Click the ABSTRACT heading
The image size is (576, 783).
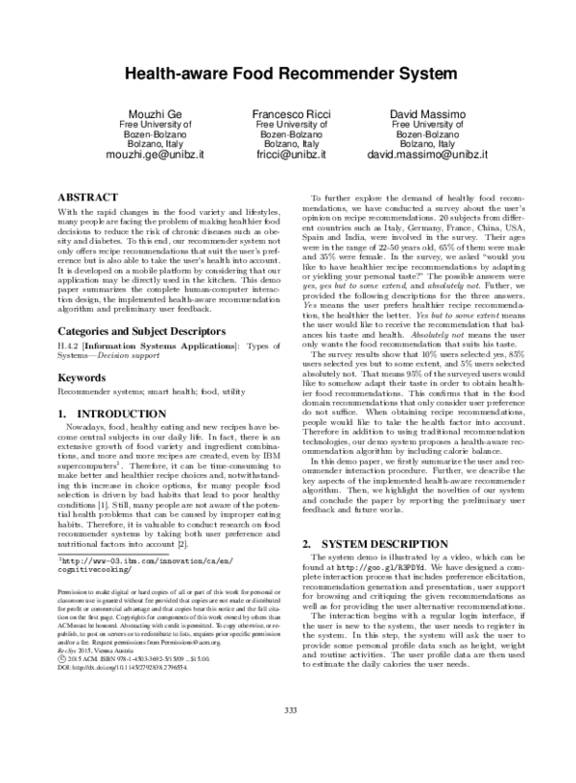point(88,196)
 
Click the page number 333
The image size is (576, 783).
point(288,736)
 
